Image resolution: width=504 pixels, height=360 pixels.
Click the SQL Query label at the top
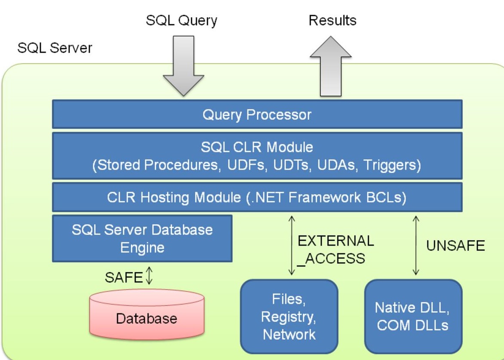coord(182,21)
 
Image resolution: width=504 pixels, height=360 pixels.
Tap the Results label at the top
coord(332,20)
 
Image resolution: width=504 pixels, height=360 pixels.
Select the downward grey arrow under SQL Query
coord(183,65)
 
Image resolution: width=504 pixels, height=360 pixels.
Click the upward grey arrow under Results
coord(331,66)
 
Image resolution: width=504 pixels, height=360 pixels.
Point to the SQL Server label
coord(55,48)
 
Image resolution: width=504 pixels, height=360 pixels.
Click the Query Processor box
coord(257,115)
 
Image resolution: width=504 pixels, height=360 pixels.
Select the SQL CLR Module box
coord(257,156)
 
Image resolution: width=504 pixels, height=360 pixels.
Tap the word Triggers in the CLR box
coord(392,165)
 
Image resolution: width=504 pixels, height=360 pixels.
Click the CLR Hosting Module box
coord(257,197)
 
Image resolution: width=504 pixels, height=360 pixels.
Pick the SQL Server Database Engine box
coord(142,239)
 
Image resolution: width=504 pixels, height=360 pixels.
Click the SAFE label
coord(124,277)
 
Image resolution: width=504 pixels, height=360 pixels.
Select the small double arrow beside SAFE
coord(149,276)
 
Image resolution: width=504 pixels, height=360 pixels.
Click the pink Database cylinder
coord(147,314)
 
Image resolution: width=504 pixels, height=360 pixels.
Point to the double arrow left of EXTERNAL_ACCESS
coord(291,245)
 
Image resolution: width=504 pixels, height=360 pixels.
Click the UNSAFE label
coord(455,246)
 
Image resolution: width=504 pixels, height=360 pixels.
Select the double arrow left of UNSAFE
coord(416,245)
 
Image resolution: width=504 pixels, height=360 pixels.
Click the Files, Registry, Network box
coord(289,317)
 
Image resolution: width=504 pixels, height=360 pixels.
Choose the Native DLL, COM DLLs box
coord(413,317)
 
